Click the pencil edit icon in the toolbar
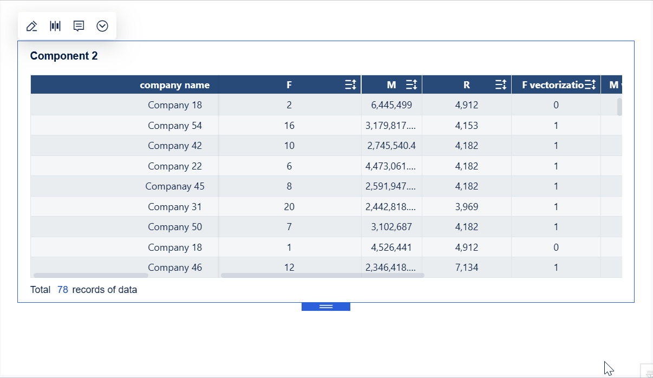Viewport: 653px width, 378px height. click(x=31, y=26)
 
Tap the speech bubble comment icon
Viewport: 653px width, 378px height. click(x=79, y=26)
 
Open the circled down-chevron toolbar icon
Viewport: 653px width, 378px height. click(x=102, y=26)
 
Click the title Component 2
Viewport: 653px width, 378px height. click(x=64, y=56)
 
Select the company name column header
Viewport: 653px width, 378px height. click(x=174, y=85)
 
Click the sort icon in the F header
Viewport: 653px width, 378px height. click(x=350, y=85)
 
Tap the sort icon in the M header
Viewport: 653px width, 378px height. click(x=412, y=85)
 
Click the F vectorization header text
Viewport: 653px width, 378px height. click(x=552, y=85)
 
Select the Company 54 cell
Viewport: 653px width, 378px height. click(x=174, y=126)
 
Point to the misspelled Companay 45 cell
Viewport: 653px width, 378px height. click(x=174, y=186)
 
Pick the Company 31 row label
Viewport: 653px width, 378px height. click(x=174, y=207)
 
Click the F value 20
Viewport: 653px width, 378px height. click(x=289, y=207)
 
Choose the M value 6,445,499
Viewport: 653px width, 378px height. click(x=391, y=105)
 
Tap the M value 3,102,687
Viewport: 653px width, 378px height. click(x=391, y=227)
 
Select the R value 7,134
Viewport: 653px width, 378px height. click(x=467, y=268)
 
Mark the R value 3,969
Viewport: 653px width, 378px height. click(x=467, y=207)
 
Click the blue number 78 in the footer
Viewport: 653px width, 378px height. click(x=63, y=290)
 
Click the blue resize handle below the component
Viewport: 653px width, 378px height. click(x=326, y=307)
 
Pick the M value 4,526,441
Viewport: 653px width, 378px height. click(x=391, y=247)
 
